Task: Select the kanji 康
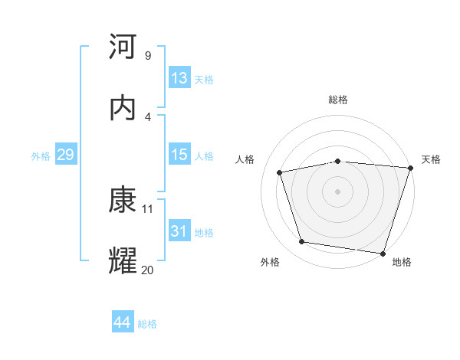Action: pos(123,200)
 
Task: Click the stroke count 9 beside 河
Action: pos(148,55)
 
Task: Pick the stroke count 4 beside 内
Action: pos(148,116)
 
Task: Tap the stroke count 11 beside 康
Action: pos(149,208)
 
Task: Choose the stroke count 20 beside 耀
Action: pos(148,270)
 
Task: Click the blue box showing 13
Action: pos(179,78)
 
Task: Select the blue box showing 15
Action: pos(179,155)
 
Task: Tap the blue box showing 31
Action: pos(179,231)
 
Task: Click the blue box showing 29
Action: pos(66,155)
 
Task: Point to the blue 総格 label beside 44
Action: pos(147,324)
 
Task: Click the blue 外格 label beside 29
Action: pos(41,156)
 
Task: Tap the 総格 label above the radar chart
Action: pos(338,100)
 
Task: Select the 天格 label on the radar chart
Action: pos(431,159)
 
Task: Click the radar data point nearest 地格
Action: pos(383,253)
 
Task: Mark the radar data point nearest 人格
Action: pos(280,172)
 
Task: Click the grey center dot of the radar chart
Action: pos(338,191)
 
